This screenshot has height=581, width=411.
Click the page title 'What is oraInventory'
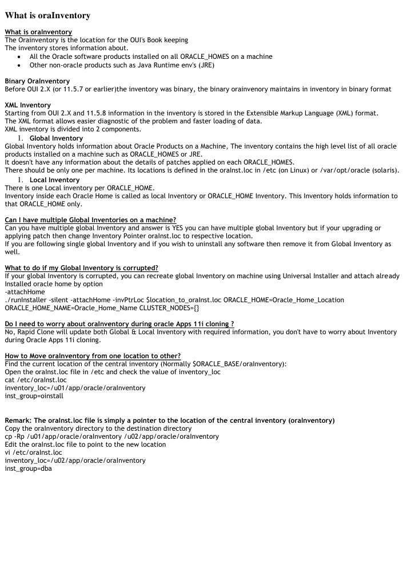click(x=47, y=15)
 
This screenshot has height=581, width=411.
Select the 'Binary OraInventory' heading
click(x=37, y=81)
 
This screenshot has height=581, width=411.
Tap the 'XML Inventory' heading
click(x=27, y=105)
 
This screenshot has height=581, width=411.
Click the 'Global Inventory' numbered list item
click(x=56, y=138)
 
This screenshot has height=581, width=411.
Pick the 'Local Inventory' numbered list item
click(x=54, y=180)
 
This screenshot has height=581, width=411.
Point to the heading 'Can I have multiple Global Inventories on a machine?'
click(x=90, y=220)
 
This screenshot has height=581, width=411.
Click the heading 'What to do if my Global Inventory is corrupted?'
click(x=81, y=268)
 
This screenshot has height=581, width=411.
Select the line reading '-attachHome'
click(x=25, y=291)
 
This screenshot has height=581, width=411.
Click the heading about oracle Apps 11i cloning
click(x=119, y=324)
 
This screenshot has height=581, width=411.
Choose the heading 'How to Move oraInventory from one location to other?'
click(x=93, y=356)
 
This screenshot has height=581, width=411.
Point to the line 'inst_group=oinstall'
click(x=34, y=395)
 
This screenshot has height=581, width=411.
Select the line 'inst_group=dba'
click(x=28, y=468)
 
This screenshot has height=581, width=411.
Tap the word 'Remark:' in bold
click(x=18, y=420)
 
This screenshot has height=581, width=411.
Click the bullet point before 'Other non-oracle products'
click(x=21, y=65)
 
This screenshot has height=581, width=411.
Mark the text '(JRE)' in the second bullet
click(x=205, y=65)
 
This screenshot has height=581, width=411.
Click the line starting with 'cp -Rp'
click(x=111, y=436)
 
